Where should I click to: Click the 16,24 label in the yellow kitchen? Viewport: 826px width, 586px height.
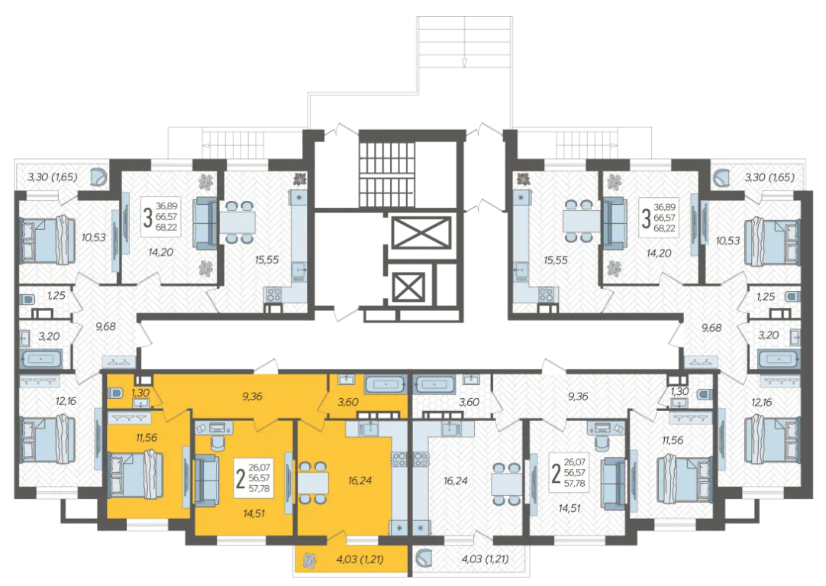tap(360, 481)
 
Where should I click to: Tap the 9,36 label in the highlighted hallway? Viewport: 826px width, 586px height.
tap(253, 397)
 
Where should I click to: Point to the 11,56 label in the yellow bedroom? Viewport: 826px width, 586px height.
tap(147, 437)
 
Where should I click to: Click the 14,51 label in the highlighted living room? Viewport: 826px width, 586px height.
tap(254, 513)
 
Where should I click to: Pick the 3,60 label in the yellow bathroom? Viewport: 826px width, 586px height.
tap(347, 402)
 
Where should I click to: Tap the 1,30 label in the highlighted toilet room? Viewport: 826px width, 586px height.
tap(140, 393)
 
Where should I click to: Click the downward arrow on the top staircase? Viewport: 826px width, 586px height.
tap(464, 63)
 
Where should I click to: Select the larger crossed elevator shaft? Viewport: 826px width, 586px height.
tap(421, 232)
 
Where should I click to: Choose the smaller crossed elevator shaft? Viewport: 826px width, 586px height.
tap(408, 287)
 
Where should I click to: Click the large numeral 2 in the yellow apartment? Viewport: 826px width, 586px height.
tap(240, 479)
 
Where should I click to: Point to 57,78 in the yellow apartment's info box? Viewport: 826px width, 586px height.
tap(260, 489)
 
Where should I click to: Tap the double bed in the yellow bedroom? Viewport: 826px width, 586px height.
tap(136, 474)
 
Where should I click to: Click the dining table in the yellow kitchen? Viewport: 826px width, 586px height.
tap(314, 483)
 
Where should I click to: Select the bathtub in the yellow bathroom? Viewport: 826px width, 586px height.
tap(385, 384)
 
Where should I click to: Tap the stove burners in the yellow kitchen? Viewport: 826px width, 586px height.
tap(398, 459)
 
